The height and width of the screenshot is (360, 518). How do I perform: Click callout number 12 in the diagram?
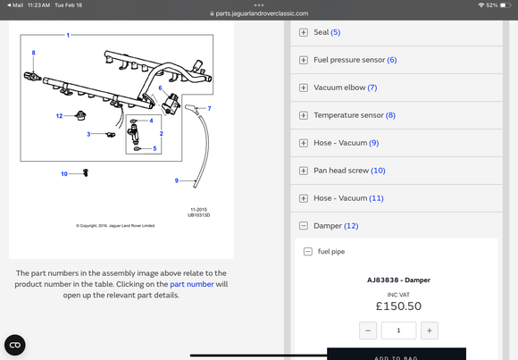[x=59, y=116]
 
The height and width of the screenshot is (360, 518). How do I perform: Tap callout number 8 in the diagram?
[x=33, y=53]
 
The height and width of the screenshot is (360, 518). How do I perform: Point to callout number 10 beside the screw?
[x=64, y=174]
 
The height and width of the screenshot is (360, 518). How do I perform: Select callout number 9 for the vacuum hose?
[x=177, y=180]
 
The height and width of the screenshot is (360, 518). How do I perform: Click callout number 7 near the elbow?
[x=209, y=108]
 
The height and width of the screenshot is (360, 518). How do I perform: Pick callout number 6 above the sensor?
[x=160, y=88]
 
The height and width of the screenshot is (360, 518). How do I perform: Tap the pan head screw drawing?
[x=86, y=172]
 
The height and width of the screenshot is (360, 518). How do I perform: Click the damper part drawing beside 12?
[x=80, y=116]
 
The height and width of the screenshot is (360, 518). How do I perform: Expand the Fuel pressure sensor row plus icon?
[x=304, y=60]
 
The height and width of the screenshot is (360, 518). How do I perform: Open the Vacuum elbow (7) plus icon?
[x=304, y=88]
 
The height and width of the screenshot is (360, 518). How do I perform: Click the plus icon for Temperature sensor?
[x=304, y=115]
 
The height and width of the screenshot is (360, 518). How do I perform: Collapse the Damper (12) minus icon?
[x=304, y=226]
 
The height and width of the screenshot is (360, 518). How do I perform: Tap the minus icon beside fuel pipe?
[x=307, y=252]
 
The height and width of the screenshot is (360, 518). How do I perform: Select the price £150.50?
[x=398, y=306]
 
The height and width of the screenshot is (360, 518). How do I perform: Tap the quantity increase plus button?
[x=430, y=331]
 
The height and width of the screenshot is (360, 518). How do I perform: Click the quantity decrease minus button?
[x=368, y=331]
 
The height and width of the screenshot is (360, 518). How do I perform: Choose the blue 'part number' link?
[x=192, y=284]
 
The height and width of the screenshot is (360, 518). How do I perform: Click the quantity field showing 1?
[x=398, y=331]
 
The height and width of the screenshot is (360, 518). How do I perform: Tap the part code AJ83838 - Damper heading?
[x=398, y=280]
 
